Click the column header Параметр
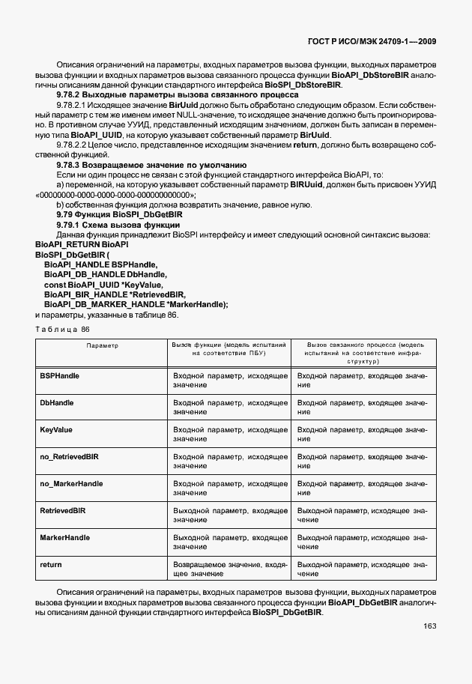(x=102, y=346)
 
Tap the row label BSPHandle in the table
(x=59, y=375)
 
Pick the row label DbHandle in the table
(x=56, y=402)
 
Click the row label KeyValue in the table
(x=55, y=429)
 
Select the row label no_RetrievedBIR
(x=69, y=456)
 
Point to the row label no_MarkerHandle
(x=71, y=483)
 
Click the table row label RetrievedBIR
(x=62, y=510)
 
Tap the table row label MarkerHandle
(x=64, y=537)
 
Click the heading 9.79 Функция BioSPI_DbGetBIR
(x=121, y=214)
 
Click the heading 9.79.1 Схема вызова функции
(x=118, y=225)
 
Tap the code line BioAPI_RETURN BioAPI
(x=82, y=245)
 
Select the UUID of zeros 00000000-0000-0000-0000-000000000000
(x=111, y=194)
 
